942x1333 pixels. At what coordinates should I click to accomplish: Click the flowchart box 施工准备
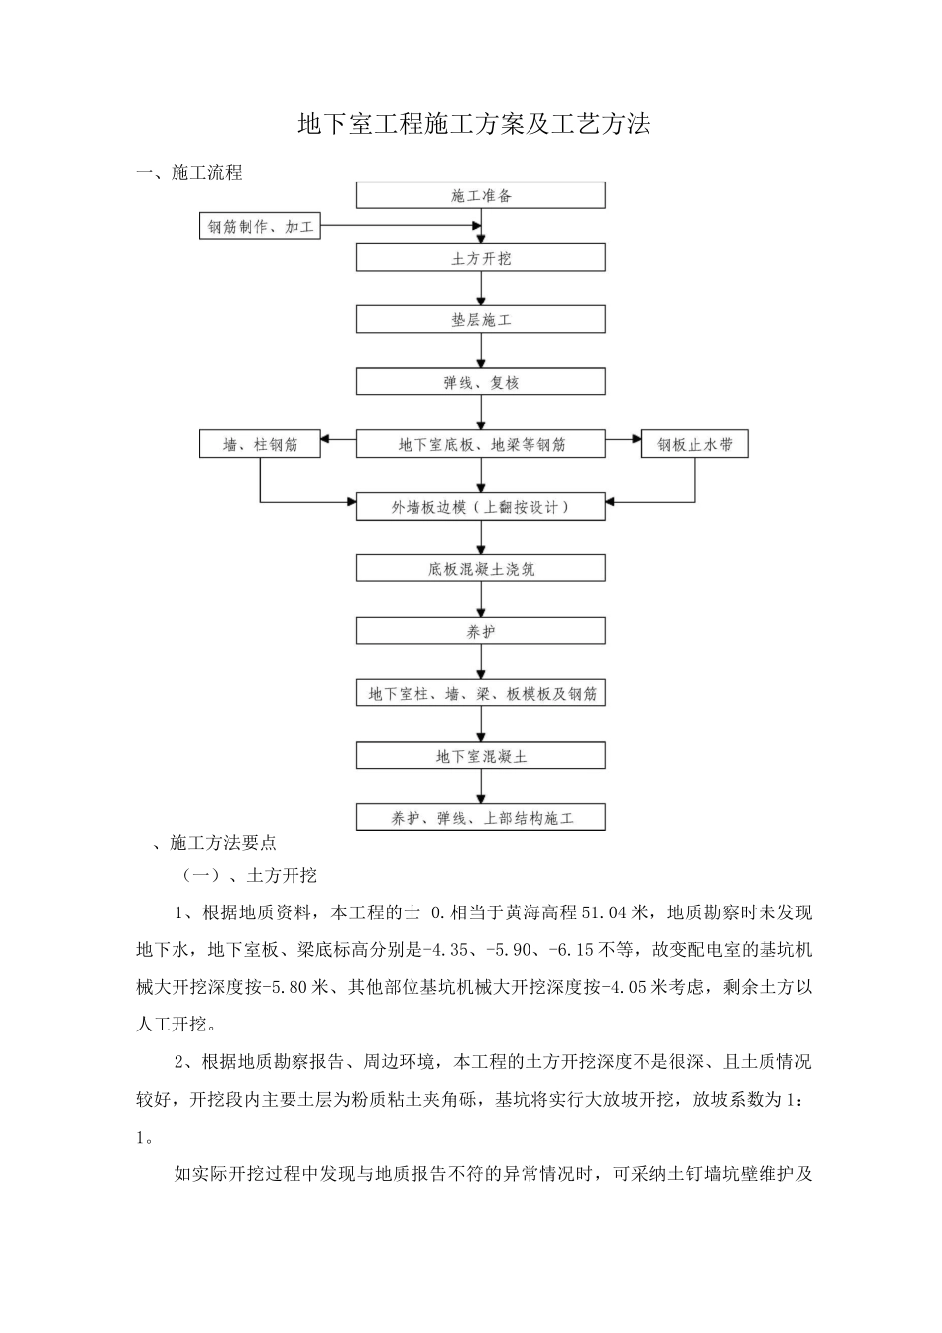481,195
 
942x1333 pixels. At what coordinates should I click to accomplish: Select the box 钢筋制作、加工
261,227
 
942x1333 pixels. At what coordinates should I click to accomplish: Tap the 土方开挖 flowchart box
481,258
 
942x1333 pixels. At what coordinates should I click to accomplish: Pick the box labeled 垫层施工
481,319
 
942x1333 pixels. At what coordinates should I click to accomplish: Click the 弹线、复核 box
481,382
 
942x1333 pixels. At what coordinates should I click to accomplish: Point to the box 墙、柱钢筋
261,444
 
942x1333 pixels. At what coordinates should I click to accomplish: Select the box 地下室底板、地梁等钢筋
481,444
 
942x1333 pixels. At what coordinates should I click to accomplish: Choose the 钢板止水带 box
694,444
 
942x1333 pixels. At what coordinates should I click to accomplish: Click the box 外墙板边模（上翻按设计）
481,507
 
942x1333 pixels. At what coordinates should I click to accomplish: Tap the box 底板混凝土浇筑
481,569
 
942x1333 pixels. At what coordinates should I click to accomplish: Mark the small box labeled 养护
481,631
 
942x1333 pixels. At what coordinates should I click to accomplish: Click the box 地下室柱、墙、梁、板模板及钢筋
481,693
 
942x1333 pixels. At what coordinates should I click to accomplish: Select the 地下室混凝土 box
481,756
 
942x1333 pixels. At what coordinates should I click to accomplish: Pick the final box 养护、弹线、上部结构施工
481,818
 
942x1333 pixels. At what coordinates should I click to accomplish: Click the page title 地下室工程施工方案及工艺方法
474,124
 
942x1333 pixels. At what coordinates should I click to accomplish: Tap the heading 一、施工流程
189,173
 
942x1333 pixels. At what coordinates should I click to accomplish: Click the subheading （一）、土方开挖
249,875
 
